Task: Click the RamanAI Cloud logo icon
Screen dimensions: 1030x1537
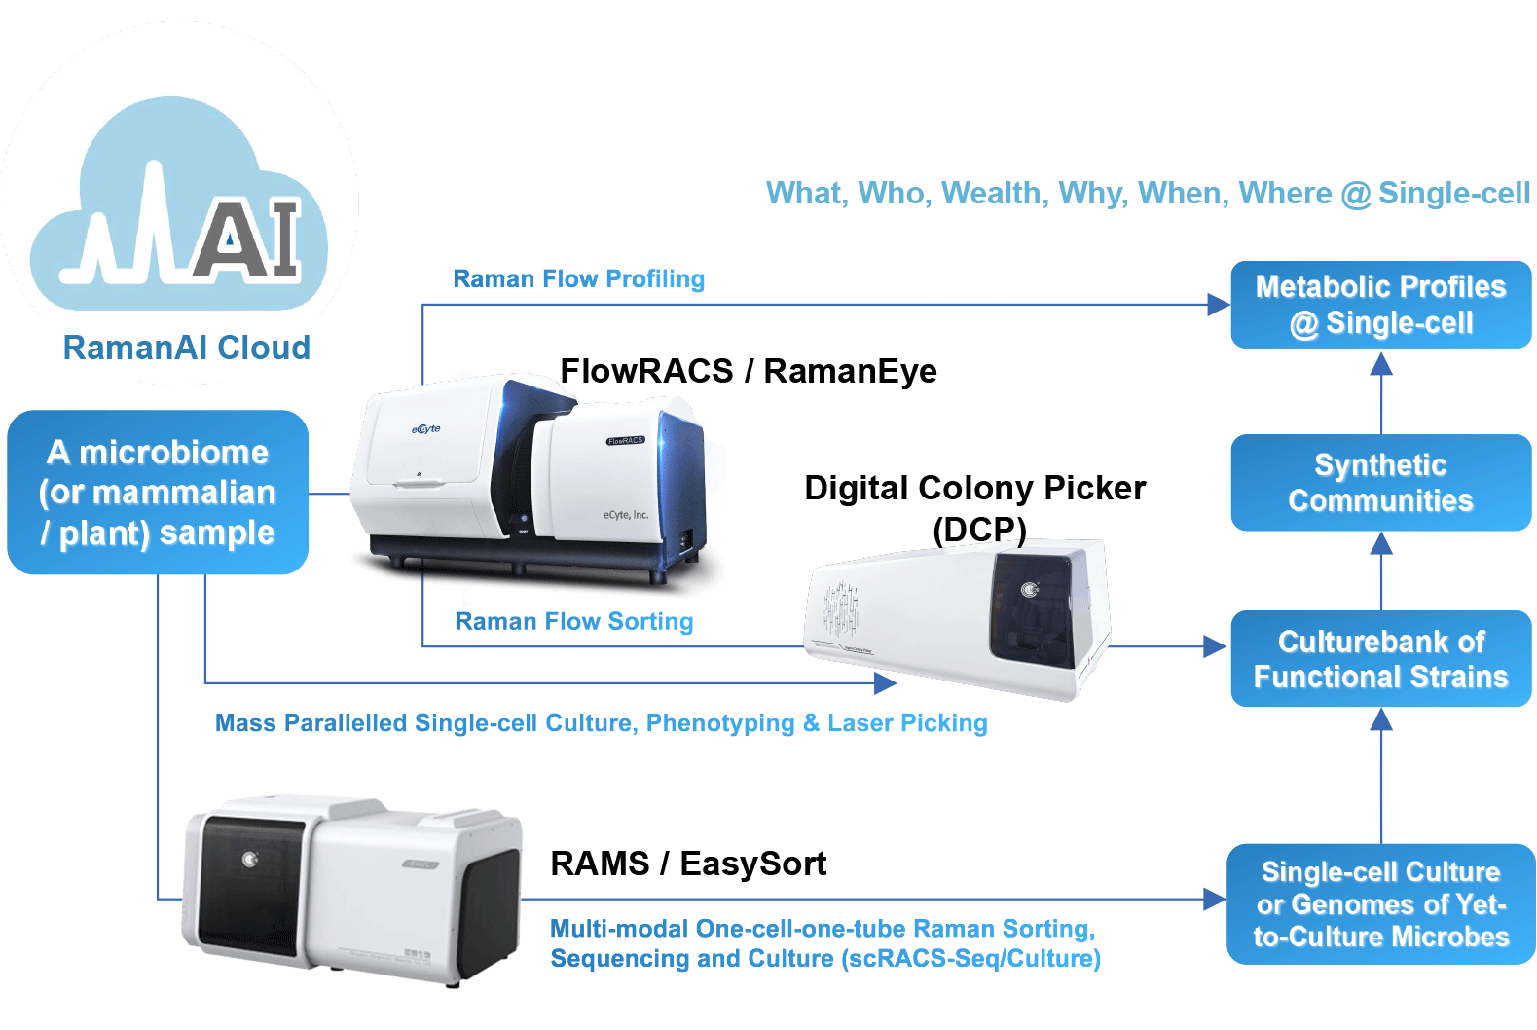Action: (180, 205)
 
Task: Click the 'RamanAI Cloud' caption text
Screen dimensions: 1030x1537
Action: (186, 348)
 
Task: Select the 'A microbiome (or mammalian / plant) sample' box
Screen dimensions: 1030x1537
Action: (158, 493)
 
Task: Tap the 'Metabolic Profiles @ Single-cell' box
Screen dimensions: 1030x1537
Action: (1380, 305)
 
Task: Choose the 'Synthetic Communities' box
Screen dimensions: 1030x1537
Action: (1380, 483)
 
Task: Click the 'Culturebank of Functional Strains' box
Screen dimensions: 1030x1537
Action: (1380, 659)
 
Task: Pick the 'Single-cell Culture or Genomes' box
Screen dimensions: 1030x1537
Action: (1380, 904)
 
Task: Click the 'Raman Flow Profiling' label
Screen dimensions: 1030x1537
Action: (579, 279)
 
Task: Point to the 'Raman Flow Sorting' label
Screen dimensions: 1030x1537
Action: (574, 621)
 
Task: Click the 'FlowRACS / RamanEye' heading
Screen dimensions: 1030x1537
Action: (748, 371)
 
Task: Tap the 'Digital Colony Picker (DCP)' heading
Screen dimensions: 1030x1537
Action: (974, 507)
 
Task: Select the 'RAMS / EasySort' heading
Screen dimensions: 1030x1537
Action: (688, 864)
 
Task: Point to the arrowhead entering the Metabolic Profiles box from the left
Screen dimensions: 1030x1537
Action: (1218, 305)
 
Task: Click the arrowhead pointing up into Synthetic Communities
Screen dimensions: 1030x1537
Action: (1380, 544)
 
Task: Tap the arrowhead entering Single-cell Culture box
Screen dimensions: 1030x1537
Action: (1214, 900)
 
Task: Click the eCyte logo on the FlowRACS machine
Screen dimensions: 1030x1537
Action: (425, 429)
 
